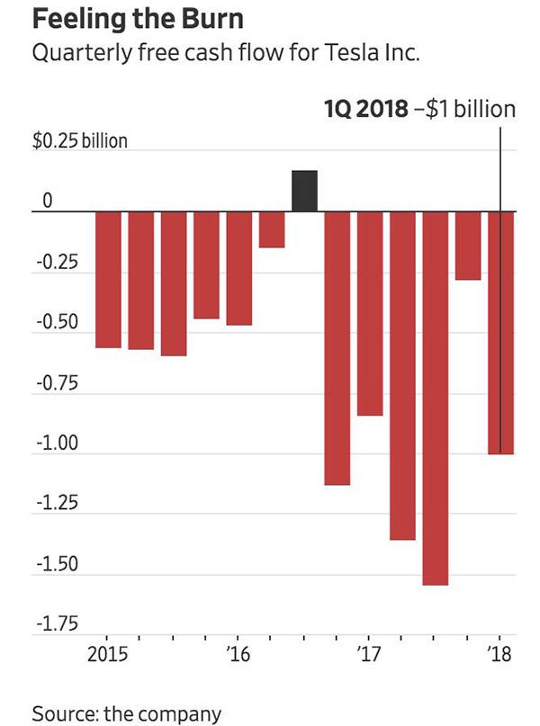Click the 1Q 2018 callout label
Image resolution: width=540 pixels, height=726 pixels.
[x=419, y=111]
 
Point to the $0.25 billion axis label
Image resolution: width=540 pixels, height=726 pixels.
[x=80, y=142]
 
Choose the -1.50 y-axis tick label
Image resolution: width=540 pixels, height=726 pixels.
[x=56, y=565]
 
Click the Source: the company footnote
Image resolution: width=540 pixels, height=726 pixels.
[x=126, y=713]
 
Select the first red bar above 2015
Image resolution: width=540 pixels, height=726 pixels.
[x=108, y=279]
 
